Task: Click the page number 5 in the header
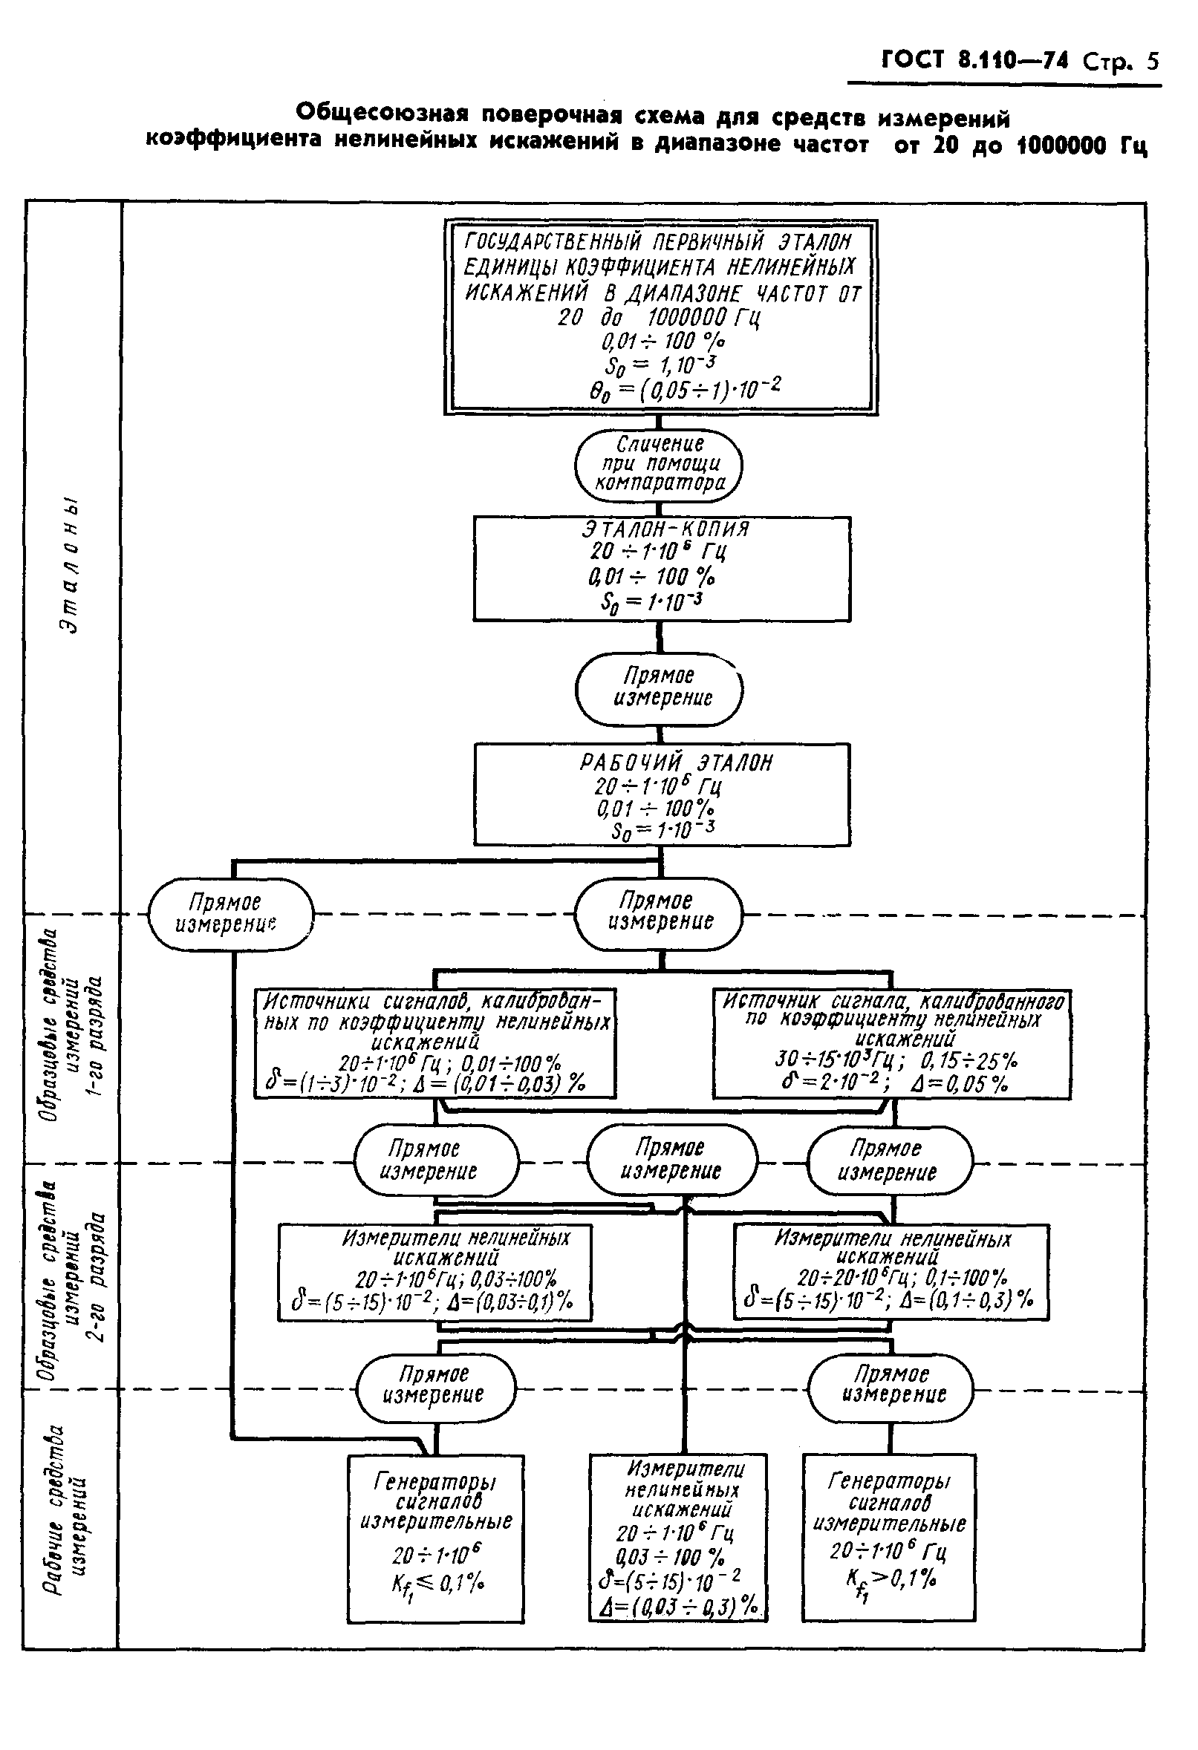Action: pyautogui.click(x=1151, y=60)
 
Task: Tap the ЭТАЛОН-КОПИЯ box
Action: pyautogui.click(x=662, y=569)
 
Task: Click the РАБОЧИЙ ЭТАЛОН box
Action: pyautogui.click(x=662, y=794)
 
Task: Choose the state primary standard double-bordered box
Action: pyautogui.click(x=660, y=316)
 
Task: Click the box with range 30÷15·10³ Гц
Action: pyautogui.click(x=891, y=1043)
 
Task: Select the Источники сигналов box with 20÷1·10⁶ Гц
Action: pyautogui.click(x=434, y=1043)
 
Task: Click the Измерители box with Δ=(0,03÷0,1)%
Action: pyautogui.click(x=434, y=1272)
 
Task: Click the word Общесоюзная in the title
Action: pyautogui.click(x=381, y=114)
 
